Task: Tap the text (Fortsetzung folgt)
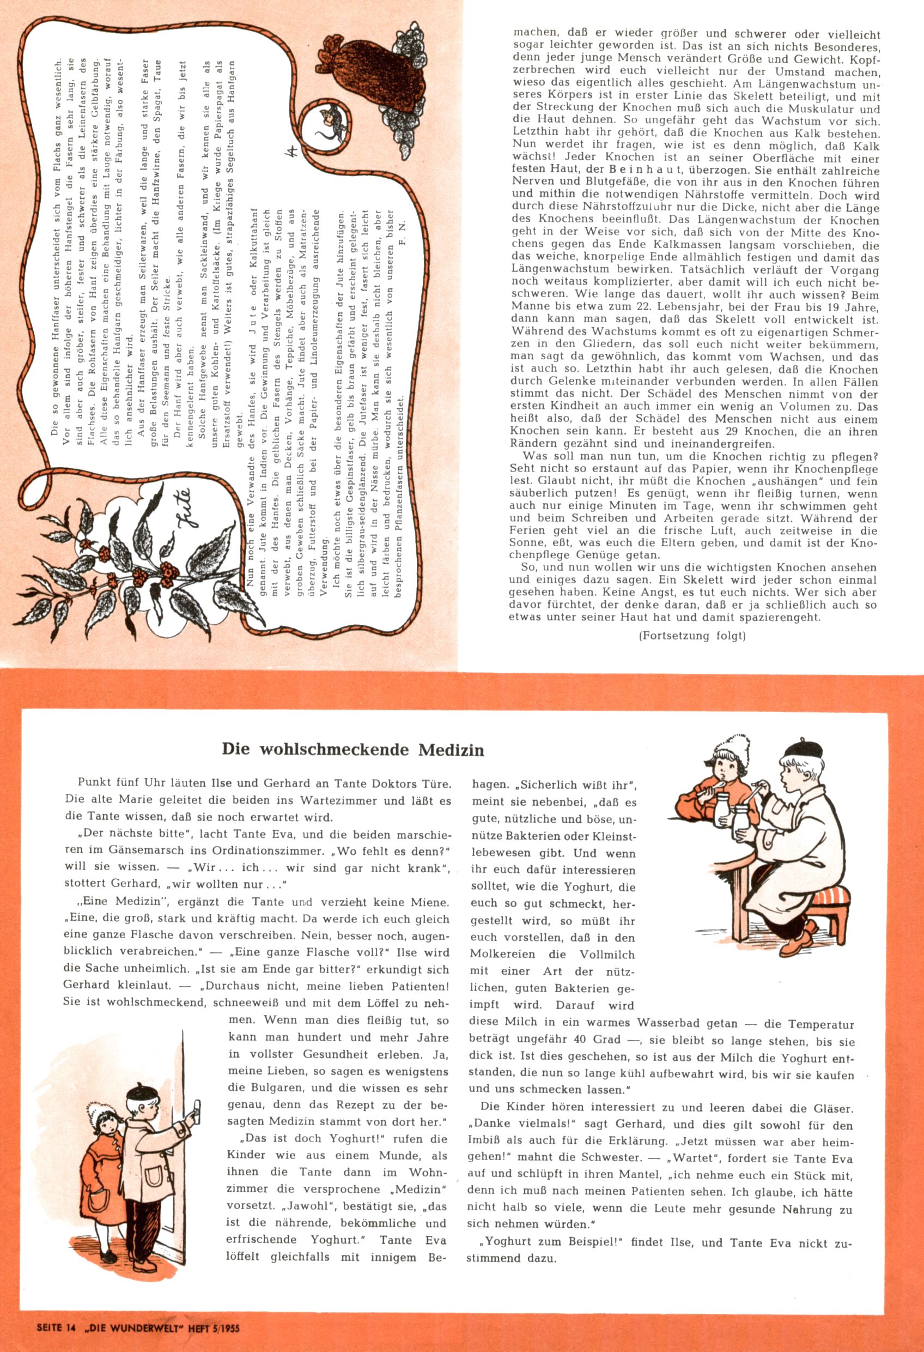[692, 636]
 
